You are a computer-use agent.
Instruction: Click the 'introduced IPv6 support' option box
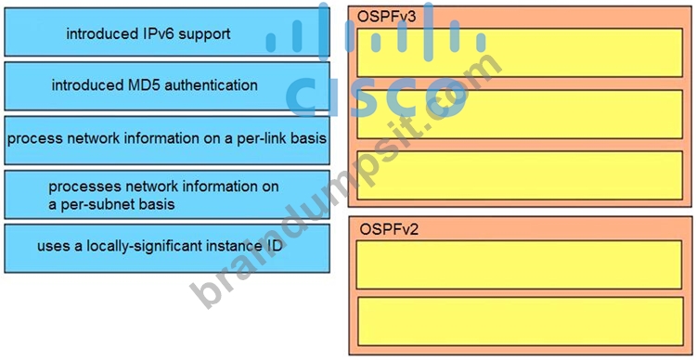click(167, 32)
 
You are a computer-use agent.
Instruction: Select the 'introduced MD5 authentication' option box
click(167, 86)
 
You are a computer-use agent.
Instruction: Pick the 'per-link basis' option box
click(167, 140)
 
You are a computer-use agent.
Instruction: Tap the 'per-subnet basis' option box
click(167, 195)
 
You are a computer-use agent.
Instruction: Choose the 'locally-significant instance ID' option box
click(167, 248)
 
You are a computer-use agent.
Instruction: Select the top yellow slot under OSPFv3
click(520, 52)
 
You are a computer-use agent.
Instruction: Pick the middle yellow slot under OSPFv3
click(520, 114)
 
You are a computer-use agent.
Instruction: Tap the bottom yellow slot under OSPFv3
click(520, 175)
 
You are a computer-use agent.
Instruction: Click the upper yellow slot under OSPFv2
click(519, 264)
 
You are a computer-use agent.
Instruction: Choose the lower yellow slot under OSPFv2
click(520, 321)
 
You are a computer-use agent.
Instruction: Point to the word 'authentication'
click(211, 84)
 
